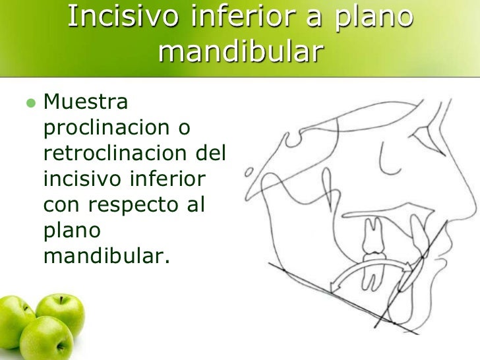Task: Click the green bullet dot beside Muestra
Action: [x=28, y=104]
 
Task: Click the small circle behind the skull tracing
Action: [x=249, y=174]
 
